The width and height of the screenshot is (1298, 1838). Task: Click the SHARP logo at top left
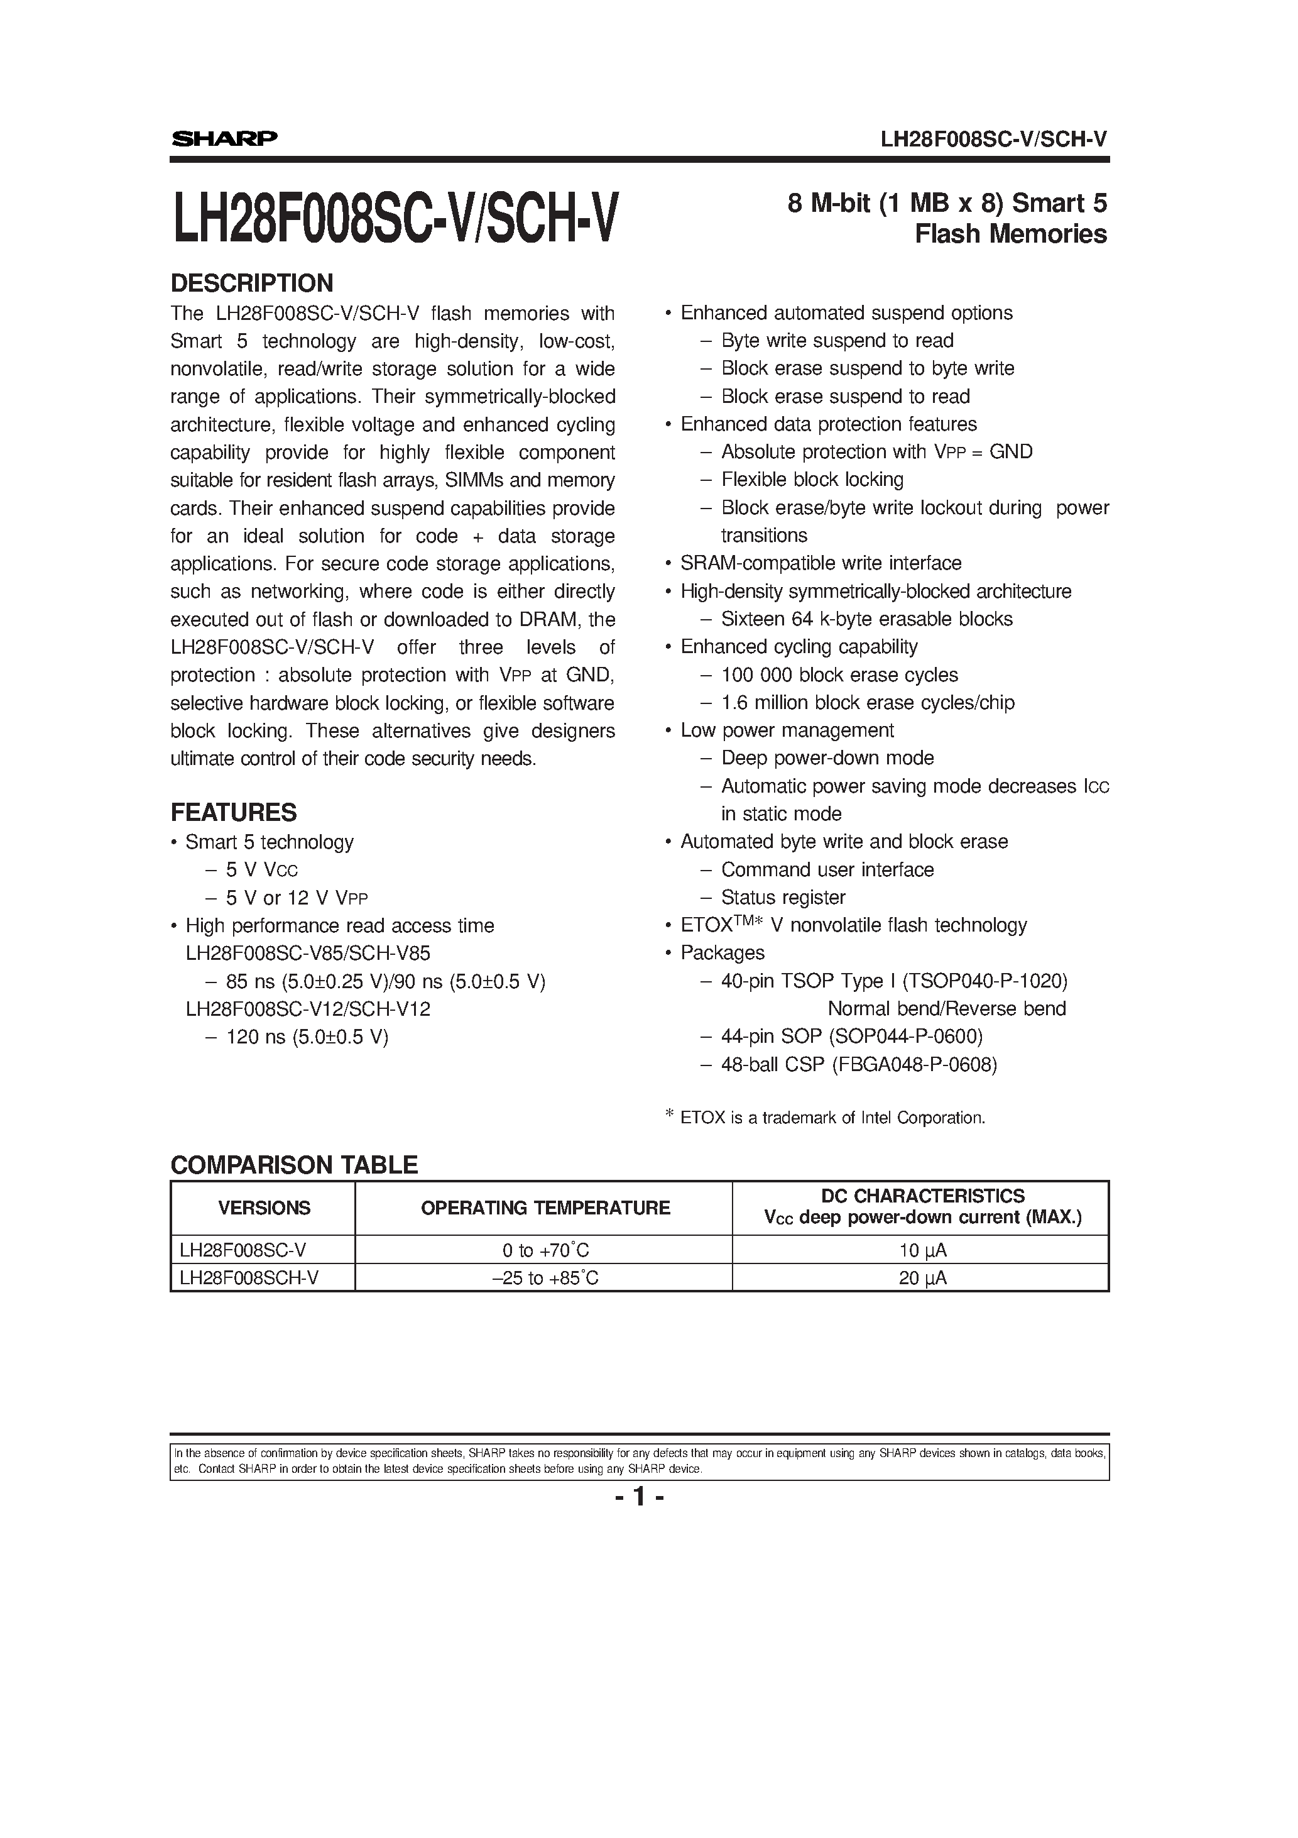(224, 138)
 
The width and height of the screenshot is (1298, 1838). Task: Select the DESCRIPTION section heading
(251, 283)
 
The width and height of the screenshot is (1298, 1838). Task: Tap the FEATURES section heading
(233, 813)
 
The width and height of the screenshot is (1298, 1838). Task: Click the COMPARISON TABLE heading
(293, 1165)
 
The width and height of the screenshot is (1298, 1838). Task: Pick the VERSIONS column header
(263, 1208)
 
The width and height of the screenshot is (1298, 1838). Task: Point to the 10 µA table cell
(922, 1250)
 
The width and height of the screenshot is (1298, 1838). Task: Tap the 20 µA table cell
(922, 1278)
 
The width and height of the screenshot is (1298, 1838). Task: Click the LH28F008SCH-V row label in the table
(249, 1278)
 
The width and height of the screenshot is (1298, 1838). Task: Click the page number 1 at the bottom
(640, 1496)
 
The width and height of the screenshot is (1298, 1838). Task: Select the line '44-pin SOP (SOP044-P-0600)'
(851, 1037)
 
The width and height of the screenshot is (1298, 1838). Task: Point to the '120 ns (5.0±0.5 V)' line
(307, 1037)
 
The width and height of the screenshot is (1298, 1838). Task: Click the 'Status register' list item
(783, 898)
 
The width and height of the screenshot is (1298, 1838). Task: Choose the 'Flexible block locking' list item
(812, 480)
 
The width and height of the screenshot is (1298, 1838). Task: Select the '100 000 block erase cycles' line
(839, 675)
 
